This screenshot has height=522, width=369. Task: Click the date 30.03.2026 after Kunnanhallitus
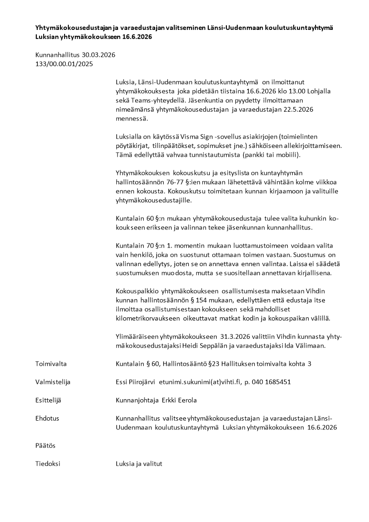point(99,55)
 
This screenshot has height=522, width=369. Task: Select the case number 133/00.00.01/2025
point(64,64)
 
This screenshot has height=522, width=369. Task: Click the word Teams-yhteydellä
point(152,100)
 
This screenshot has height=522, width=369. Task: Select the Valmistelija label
point(53,381)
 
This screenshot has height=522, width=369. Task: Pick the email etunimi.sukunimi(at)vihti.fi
point(200,381)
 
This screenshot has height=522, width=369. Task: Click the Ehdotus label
point(47,418)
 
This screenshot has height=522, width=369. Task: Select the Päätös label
point(45,445)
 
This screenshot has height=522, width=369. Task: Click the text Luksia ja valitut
point(138,463)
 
